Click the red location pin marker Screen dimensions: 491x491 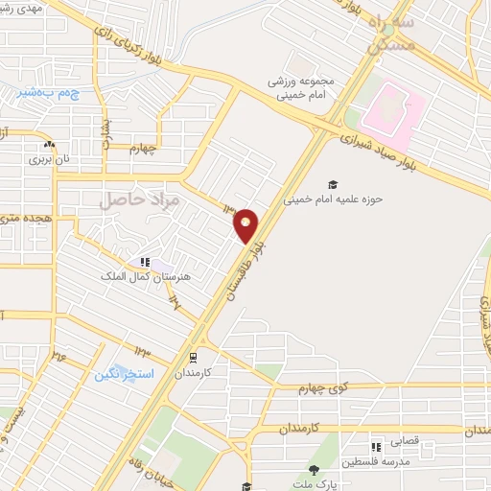(246, 225)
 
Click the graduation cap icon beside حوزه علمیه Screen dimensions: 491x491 (333, 184)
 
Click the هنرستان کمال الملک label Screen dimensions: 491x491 (147, 276)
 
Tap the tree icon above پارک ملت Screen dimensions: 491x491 (314, 470)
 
